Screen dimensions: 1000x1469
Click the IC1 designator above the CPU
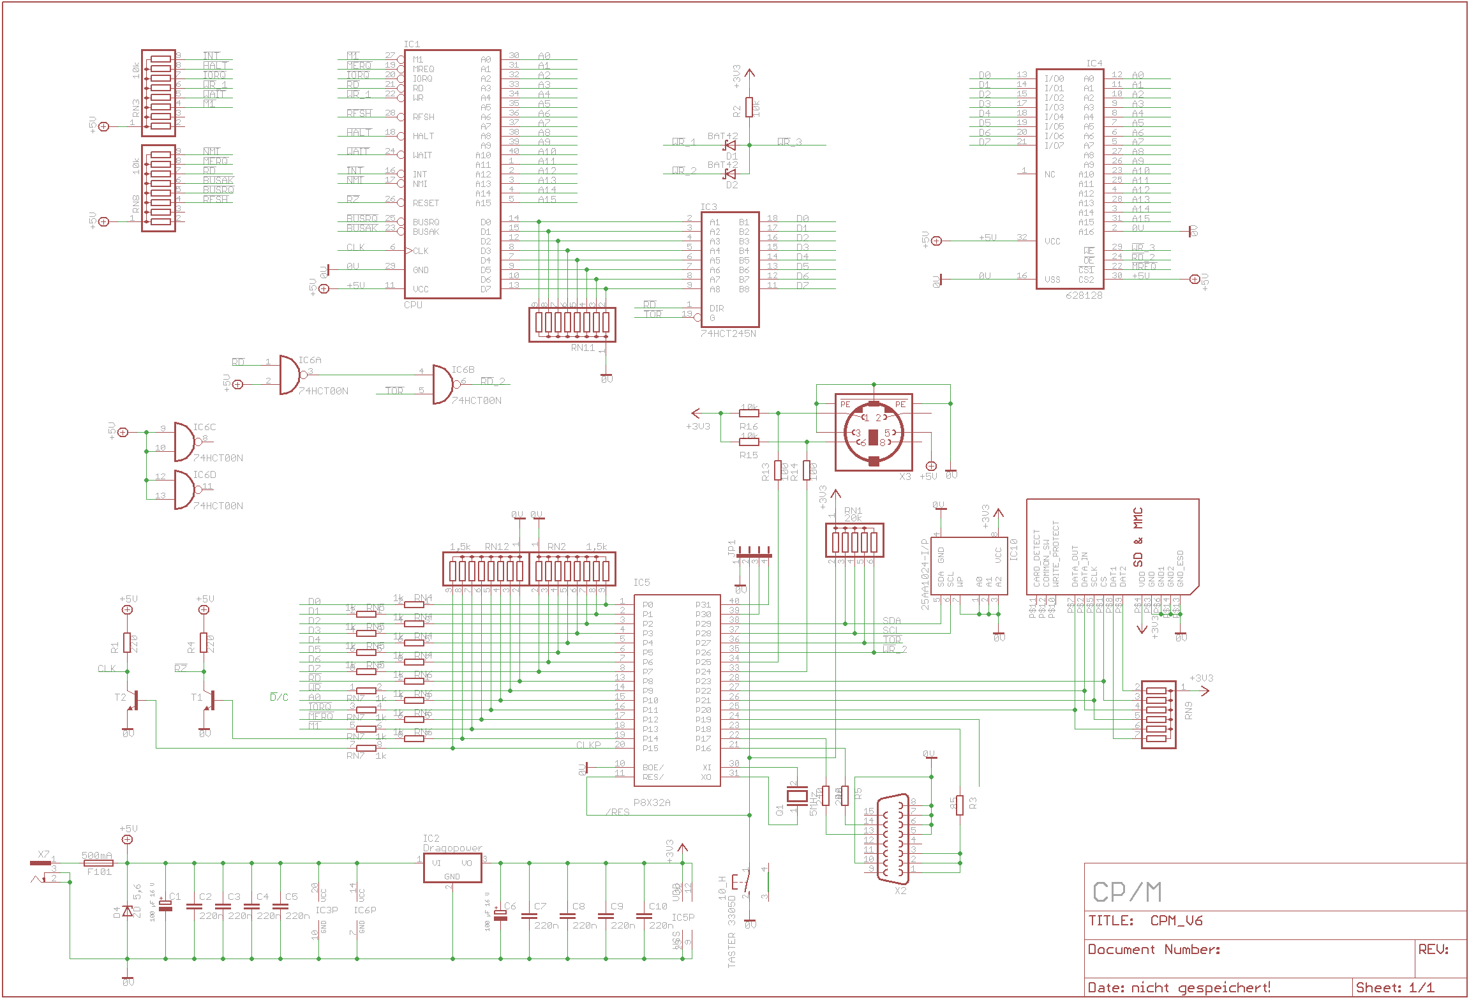[412, 44]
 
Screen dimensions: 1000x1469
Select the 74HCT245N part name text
[727, 333]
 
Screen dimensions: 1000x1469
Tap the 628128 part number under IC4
[1084, 295]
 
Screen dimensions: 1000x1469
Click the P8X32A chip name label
[652, 802]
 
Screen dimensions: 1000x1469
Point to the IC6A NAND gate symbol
[290, 375]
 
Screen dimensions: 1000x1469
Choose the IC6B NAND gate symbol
[442, 384]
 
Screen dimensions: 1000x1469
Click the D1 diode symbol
[730, 146]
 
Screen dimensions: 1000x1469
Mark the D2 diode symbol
[730, 174]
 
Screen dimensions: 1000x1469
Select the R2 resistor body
[750, 107]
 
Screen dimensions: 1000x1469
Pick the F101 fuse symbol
[99, 863]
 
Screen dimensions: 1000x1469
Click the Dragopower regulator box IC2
[452, 867]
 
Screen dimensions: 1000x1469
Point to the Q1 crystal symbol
[796, 795]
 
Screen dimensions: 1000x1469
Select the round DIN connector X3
[874, 433]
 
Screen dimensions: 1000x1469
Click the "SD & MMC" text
[1138, 537]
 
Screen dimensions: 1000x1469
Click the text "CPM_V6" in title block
[1176, 920]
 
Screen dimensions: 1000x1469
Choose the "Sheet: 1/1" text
[1394, 988]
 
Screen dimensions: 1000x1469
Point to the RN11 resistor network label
[583, 348]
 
